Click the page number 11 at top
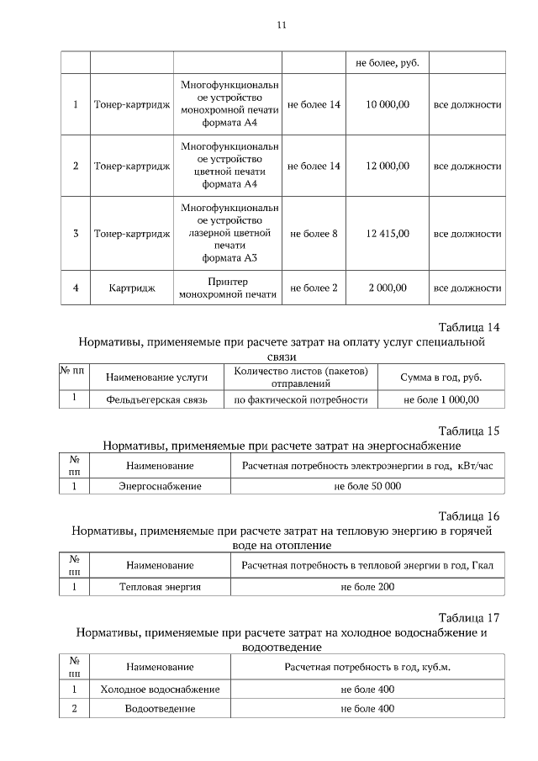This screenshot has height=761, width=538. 282,25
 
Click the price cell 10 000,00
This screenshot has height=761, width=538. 388,105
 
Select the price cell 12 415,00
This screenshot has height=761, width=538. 388,233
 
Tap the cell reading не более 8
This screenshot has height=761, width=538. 314,233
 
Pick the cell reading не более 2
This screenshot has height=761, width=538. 314,288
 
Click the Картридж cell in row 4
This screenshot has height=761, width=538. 132,288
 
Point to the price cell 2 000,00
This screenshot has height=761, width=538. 388,288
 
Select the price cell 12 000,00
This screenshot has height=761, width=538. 388,166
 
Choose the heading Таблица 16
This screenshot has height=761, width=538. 469,515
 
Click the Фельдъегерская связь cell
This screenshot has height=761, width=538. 157,399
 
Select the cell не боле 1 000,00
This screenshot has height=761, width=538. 441,399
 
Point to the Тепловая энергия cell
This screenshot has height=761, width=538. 160,586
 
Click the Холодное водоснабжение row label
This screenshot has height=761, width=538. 160,690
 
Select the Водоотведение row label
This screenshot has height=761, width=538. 160,709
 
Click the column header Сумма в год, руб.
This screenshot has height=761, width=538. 441,378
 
